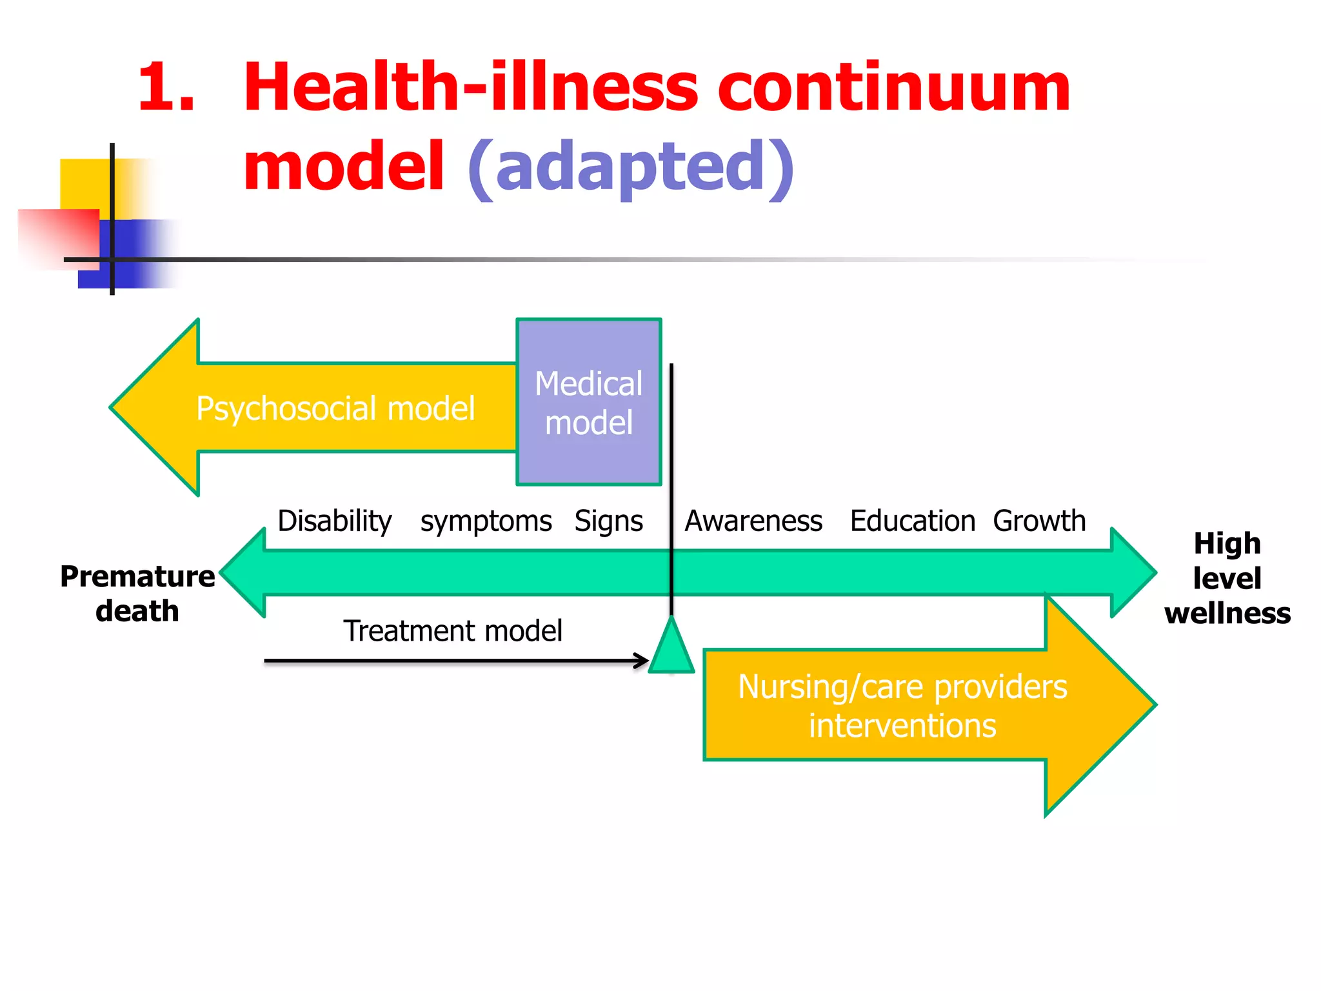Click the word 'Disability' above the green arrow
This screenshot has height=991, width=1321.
tap(334, 521)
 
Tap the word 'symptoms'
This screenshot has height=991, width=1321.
tap(486, 521)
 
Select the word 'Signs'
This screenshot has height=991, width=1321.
tap(608, 521)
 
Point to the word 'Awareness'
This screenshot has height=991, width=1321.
tap(753, 521)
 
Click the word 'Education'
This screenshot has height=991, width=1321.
tap(912, 521)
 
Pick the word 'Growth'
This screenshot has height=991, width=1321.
tap(1039, 521)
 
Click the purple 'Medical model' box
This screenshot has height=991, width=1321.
tap(588, 402)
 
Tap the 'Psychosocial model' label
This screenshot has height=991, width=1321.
tap(335, 408)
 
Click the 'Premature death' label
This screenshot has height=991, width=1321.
tap(137, 593)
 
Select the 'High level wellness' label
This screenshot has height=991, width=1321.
tap(1227, 578)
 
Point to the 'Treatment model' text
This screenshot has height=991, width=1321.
tap(452, 630)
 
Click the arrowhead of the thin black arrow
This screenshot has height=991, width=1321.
tap(642, 661)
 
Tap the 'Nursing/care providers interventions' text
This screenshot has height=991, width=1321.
tap(902, 706)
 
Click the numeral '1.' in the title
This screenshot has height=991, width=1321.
tap(166, 87)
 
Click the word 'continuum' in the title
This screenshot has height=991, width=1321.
tap(893, 87)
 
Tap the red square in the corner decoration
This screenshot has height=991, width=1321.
tap(58, 237)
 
